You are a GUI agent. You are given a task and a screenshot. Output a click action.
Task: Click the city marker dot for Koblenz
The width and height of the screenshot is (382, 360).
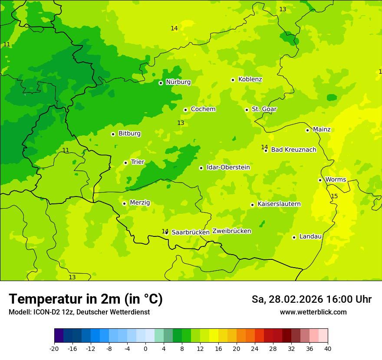pos(233,80)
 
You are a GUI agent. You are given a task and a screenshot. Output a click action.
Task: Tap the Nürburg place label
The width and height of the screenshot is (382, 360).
pos(178,82)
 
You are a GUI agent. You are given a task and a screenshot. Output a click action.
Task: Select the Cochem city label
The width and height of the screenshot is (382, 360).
pos(203,109)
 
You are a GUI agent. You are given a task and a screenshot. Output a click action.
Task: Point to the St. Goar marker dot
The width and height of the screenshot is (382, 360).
pos(247,110)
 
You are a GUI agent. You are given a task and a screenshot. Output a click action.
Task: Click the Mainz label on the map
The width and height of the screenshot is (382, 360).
pos(322,130)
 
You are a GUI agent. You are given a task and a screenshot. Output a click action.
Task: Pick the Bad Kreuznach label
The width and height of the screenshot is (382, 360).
pos(293,150)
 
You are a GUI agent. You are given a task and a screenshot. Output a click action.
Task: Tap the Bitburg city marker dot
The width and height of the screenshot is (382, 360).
pos(113,134)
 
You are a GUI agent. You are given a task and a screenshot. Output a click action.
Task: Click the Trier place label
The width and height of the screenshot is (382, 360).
pos(138,162)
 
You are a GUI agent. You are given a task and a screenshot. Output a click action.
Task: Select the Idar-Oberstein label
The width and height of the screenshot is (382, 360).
pos(228,167)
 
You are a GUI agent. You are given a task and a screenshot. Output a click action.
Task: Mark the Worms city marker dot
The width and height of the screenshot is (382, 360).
pos(320,180)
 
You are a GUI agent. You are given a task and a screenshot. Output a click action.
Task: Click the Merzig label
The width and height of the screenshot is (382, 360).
pos(140,203)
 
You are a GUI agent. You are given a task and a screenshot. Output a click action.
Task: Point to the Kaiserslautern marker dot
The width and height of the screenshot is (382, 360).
pos(252,205)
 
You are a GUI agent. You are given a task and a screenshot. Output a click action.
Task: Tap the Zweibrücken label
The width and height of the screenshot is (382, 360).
pos(232,231)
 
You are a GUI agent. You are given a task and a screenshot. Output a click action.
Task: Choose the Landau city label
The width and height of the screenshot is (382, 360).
pos(310,237)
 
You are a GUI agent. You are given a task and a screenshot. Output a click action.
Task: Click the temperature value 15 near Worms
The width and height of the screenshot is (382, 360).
pos(334,196)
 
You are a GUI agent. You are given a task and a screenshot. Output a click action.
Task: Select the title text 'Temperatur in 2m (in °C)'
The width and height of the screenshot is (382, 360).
pos(86,299)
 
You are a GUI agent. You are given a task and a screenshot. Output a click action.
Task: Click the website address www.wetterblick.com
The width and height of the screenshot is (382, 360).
pos(313,312)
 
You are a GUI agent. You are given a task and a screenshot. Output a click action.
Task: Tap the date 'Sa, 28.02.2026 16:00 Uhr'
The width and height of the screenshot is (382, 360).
pos(311,299)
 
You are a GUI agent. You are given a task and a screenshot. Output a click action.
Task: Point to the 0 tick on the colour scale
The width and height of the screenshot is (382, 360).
pos(145,349)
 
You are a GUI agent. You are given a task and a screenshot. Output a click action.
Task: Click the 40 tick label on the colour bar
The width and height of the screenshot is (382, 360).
pos(328,349)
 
